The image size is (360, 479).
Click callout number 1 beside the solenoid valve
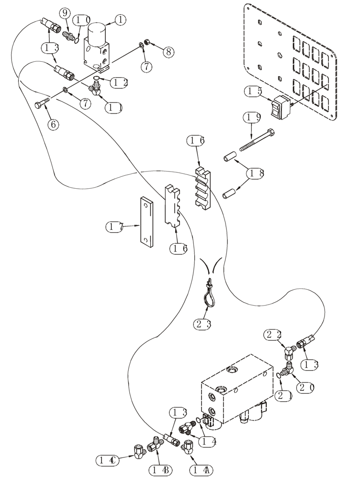pos(120,20)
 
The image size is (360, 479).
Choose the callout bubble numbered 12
pos(118,82)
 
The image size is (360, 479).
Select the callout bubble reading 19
pos(254,116)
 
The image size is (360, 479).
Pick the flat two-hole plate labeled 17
pos(146,221)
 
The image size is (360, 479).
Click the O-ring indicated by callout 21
pos(280,375)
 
